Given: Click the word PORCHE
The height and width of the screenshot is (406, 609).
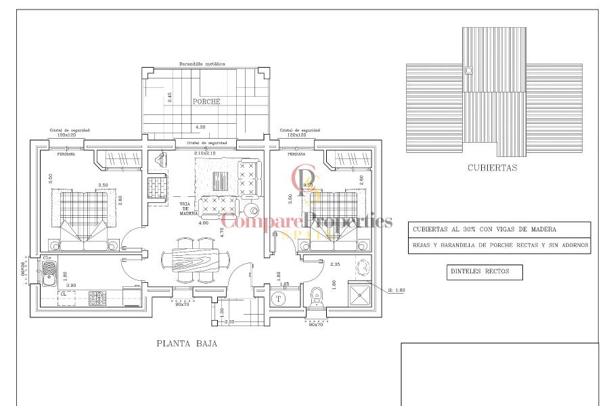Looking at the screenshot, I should pos(206,101).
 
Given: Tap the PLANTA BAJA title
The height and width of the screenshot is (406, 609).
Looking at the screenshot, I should pos(187,344).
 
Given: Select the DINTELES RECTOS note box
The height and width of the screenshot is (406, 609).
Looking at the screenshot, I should pos(485,273).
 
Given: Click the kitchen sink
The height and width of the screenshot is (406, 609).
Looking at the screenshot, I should pos(49,274).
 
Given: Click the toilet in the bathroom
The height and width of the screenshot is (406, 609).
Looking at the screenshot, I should pos(316,297).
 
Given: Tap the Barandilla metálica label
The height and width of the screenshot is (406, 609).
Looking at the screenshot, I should pos(202,64).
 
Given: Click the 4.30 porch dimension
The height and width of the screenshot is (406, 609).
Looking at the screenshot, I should pos(200,127).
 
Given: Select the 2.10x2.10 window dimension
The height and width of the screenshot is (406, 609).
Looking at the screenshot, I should pos(204,153).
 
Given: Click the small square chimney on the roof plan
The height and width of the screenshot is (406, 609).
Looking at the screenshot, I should pos(468,70).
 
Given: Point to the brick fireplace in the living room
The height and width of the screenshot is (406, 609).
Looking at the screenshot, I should pos(159,185).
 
